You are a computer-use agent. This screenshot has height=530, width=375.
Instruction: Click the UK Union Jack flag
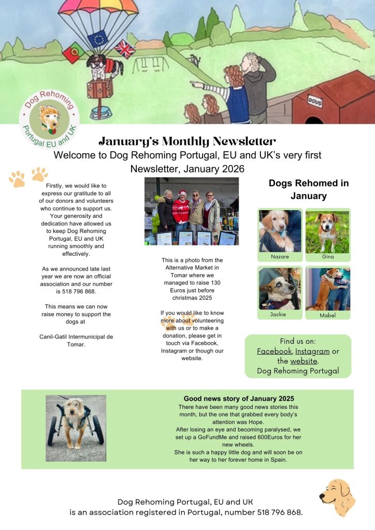(x=124, y=49)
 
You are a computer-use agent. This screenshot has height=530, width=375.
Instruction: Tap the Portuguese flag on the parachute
(x=73, y=52)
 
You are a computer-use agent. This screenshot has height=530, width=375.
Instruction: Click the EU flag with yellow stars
(x=97, y=39)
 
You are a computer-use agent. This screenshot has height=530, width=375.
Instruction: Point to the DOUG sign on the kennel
(x=315, y=100)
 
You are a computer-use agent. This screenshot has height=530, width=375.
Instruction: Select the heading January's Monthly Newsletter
(x=187, y=141)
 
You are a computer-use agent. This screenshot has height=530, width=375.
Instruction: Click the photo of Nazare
(x=280, y=231)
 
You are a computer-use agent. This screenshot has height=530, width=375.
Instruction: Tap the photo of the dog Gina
(x=327, y=231)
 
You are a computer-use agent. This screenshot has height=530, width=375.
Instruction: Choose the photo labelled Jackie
(x=280, y=288)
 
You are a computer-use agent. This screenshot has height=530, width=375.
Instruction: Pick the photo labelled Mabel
(x=327, y=288)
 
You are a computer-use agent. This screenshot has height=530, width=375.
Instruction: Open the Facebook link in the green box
(x=274, y=351)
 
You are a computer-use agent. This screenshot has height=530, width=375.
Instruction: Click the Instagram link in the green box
(x=313, y=351)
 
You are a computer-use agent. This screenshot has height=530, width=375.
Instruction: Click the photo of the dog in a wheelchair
(x=76, y=428)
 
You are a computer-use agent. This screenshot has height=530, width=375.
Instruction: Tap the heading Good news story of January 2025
(x=239, y=399)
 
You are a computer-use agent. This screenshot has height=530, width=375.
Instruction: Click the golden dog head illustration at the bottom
(x=337, y=497)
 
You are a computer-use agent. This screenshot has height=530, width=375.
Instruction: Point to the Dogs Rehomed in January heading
(x=308, y=189)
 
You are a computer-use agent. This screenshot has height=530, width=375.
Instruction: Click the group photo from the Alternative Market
(x=191, y=211)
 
